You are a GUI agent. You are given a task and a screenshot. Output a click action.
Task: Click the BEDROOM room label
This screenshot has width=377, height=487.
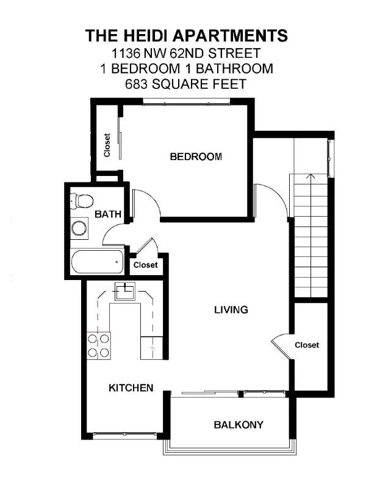196,157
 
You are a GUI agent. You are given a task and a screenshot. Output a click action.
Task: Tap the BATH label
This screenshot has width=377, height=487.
108,214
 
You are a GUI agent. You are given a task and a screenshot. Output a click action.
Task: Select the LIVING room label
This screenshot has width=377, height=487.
231,310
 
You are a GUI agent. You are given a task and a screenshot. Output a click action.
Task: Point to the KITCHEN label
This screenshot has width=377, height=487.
131,388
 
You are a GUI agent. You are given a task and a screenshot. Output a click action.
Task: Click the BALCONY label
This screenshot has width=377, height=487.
239,425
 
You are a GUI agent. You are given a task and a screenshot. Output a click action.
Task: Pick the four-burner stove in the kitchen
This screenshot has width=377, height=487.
98,345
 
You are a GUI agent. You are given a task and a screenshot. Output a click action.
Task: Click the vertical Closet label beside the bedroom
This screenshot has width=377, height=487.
107,145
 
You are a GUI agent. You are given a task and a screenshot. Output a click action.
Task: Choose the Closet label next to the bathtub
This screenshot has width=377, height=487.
145,265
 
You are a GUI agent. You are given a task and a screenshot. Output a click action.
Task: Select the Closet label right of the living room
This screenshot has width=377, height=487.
307,345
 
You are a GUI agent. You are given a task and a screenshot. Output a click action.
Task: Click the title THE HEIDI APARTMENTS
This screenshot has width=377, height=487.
185,35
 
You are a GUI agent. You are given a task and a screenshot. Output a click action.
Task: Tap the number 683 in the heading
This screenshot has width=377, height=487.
137,84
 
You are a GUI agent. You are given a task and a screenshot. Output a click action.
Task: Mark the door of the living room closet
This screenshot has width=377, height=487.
281,347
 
